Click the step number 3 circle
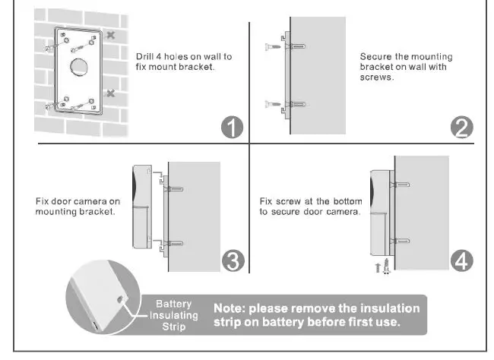coord(232,261)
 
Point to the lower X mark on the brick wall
coord(111,93)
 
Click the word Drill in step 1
coord(144,57)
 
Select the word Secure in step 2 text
coord(375,57)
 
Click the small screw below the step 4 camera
coord(387,267)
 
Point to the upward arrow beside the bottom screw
coord(378,268)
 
